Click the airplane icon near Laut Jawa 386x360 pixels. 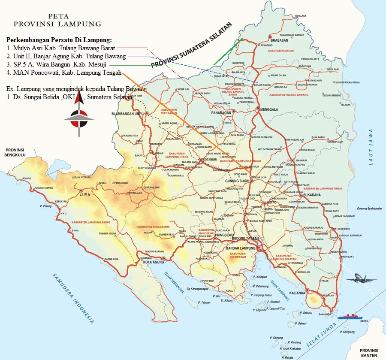pos(362,279)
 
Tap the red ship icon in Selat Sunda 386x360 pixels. pos(350,317)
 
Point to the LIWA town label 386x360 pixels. pos(85,194)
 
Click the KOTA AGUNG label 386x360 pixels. pos(154,262)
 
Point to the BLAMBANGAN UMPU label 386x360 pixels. pos(127,114)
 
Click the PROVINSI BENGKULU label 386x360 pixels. pos(15,153)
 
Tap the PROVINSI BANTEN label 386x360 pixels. pos(368,352)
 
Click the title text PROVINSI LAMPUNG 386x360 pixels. pos(57,24)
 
